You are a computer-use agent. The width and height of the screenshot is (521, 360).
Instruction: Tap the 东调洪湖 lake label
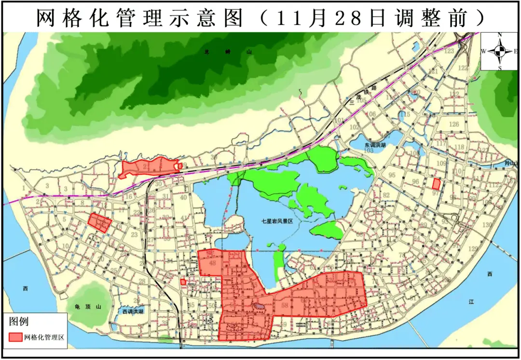point(375,145)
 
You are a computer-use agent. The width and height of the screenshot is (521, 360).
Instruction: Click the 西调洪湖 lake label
point(133,312)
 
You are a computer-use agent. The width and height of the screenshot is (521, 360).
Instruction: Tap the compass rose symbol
point(500,51)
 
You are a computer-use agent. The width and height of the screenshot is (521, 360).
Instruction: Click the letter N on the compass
point(500,35)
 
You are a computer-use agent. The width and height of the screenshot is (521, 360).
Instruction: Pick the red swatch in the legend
point(15,337)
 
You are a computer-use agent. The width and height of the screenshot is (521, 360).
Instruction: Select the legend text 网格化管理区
point(44,337)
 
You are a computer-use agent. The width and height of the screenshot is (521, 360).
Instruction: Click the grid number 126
point(454,125)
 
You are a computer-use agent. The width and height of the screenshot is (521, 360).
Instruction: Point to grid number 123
point(449,51)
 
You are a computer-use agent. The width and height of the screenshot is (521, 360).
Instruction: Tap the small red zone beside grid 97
point(436,184)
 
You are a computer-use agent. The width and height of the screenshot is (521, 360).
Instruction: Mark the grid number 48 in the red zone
point(212,263)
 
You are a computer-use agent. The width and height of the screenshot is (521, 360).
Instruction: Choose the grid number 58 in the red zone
point(285,305)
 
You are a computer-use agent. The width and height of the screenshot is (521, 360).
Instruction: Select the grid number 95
point(392,175)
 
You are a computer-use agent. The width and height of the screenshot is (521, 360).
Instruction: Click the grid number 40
point(183,197)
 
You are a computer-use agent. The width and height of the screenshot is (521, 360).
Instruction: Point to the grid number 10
point(66,246)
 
